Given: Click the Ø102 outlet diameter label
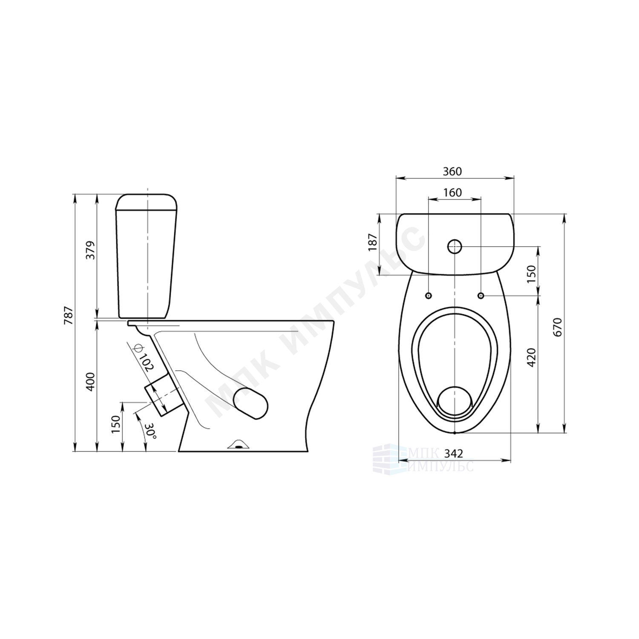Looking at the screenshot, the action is click(x=141, y=357).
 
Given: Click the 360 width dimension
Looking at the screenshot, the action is click(x=452, y=171).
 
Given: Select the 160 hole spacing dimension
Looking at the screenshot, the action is click(x=452, y=193).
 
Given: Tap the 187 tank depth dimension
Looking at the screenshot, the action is click(x=373, y=242).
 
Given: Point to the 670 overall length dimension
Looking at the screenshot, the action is click(x=559, y=327).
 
